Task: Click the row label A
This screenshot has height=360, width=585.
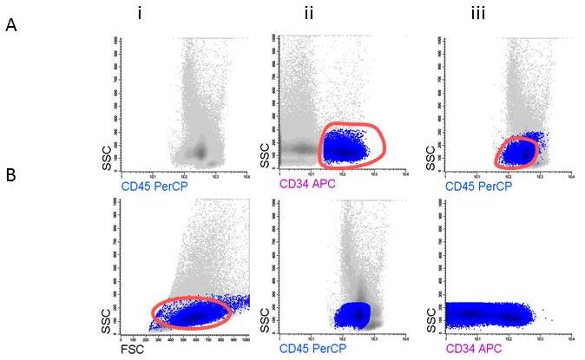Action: [x=10, y=26]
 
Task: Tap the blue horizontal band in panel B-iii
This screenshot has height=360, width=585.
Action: [x=490, y=313]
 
